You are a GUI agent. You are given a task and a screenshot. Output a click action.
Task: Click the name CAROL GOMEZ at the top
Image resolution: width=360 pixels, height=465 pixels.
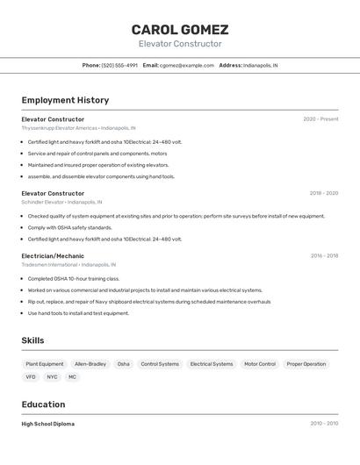[180, 30]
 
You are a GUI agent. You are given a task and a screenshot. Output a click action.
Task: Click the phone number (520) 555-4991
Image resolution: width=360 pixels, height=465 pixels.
[119, 65]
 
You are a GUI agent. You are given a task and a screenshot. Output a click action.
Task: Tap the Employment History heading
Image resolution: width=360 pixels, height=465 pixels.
[65, 100]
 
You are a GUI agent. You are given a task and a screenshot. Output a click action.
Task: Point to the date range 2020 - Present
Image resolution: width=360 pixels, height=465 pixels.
[320, 119]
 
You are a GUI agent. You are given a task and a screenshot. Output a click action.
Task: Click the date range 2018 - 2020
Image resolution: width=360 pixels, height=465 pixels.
[323, 193]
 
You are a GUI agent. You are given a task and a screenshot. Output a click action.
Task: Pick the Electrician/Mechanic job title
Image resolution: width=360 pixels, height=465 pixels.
[53, 255]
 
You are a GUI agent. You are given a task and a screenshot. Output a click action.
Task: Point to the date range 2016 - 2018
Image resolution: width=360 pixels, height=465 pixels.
[324, 255]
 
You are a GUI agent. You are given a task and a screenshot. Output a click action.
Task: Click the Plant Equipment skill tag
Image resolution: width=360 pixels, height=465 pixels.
[45, 363]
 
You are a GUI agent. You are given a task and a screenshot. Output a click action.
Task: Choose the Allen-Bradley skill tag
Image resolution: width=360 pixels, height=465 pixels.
[90, 363]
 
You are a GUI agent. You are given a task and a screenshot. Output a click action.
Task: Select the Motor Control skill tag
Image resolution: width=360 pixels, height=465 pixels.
[260, 363]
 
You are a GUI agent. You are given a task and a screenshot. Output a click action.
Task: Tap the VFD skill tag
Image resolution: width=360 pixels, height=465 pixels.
[31, 376]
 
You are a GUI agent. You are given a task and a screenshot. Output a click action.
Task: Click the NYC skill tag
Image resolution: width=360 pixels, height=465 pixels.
[52, 376]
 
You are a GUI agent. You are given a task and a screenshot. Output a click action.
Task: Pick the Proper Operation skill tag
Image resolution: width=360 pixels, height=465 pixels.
[306, 363]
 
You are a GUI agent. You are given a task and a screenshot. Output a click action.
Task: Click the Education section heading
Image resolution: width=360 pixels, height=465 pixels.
[43, 404]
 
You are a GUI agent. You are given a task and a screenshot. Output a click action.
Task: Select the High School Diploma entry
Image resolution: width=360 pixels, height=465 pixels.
[48, 424]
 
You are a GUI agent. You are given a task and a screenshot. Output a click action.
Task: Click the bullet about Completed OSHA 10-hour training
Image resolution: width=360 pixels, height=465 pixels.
[74, 279]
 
